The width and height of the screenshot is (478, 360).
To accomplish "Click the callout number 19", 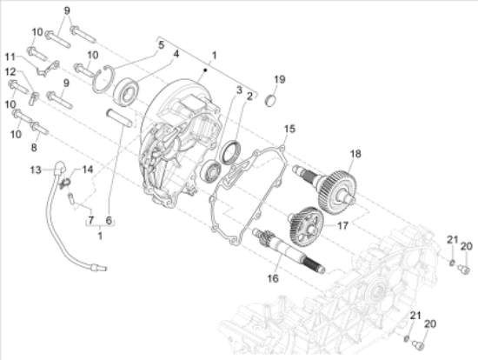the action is coord(280,79).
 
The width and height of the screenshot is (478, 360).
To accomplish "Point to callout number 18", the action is coord(355,154).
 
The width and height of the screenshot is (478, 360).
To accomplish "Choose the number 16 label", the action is coord(273,278).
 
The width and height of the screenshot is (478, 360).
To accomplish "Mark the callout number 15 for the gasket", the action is coord(289,129).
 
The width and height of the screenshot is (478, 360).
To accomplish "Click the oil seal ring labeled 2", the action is coord(231,152).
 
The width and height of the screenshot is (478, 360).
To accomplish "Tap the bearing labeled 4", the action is coord(126,91).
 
